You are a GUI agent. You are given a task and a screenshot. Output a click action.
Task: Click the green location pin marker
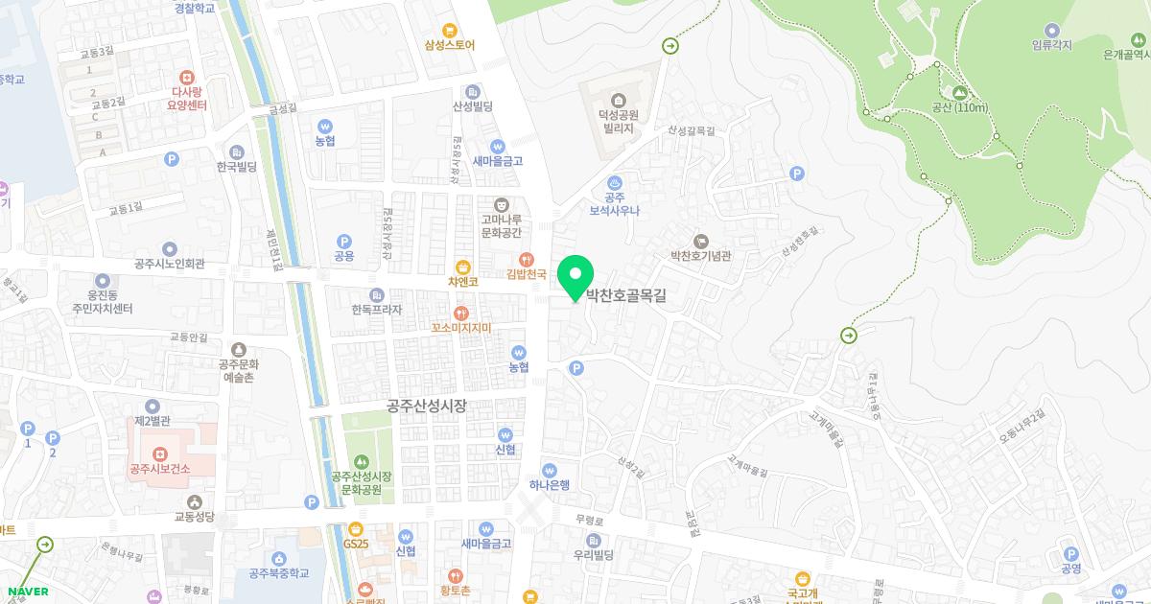pyautogui.click(x=575, y=274)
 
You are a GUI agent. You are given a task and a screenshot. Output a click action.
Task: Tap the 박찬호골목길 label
pyautogui.click(x=625, y=296)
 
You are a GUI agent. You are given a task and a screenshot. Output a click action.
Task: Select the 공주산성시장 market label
pyautogui.click(x=427, y=406)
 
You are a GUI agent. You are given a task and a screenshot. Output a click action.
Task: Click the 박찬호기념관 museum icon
pyautogui.click(x=700, y=241)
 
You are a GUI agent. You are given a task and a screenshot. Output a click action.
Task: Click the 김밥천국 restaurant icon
pyautogui.click(x=526, y=259)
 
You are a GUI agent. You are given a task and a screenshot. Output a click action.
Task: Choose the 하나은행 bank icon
pyautogui.click(x=550, y=470)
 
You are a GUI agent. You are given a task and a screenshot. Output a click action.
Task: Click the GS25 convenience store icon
pyautogui.click(x=356, y=528)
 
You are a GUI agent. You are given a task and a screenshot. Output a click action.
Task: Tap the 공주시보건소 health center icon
pyautogui.click(x=160, y=453)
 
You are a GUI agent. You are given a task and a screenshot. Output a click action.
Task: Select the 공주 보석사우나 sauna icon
pyautogui.click(x=615, y=181)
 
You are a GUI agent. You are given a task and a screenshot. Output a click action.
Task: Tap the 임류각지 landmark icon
pyautogui.click(x=1052, y=30)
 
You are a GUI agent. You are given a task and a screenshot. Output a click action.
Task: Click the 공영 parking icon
pyautogui.click(x=1071, y=553)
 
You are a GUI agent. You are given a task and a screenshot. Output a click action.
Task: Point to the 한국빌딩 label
pyautogui.click(x=237, y=167)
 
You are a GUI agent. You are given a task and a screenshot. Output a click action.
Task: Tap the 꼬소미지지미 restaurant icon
pyautogui.click(x=461, y=313)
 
